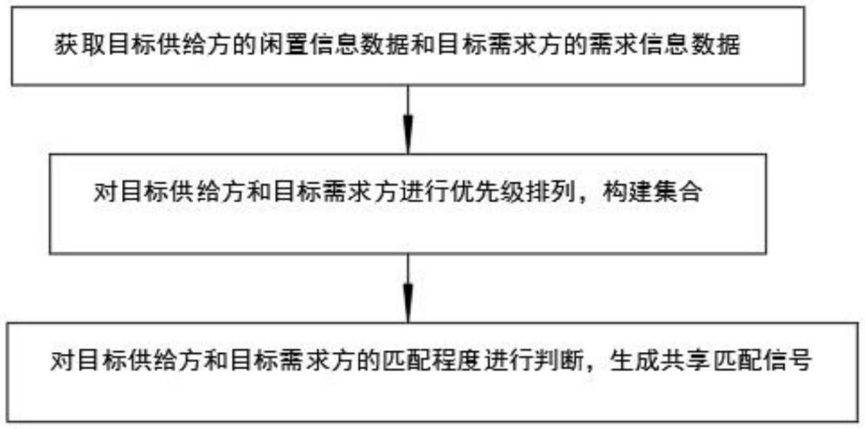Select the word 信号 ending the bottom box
coord(794,362)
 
